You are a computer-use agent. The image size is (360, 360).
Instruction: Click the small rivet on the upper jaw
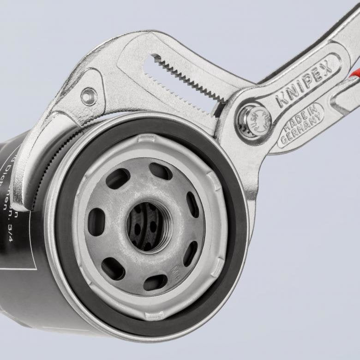coord(88,96)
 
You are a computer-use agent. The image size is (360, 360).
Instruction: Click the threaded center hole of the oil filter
coord(149,225)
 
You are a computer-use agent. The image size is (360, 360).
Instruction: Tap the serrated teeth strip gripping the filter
coord(51,152)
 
